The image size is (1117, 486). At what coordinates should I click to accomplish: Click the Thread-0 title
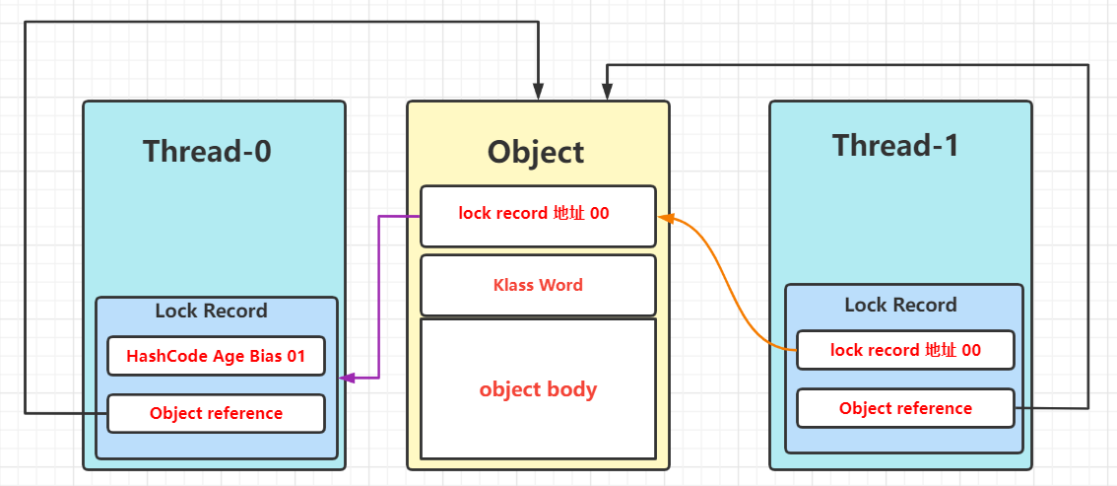tap(207, 151)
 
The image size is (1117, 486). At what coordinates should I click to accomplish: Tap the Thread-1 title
tap(895, 145)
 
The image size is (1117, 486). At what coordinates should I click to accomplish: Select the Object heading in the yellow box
tap(537, 152)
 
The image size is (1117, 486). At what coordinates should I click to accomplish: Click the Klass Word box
tap(538, 285)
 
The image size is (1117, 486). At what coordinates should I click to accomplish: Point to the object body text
tap(538, 389)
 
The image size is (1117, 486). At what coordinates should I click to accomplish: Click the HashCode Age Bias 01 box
tap(216, 356)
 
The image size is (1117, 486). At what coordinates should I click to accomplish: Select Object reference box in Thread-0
tap(216, 413)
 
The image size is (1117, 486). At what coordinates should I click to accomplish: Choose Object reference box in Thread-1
tap(905, 408)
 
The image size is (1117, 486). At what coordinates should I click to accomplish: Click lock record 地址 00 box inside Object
tap(538, 213)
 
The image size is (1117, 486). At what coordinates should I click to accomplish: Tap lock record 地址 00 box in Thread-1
tap(905, 350)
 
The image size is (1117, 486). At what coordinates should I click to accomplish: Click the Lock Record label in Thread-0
tap(211, 312)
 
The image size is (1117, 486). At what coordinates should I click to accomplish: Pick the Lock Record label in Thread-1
tap(900, 305)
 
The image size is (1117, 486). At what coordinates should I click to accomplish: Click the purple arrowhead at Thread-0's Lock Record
tap(345, 378)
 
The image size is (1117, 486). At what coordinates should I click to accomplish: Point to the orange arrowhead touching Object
tap(665, 217)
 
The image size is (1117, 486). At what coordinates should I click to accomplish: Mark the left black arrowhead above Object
tap(538, 93)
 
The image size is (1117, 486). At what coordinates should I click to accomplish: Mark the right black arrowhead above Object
tap(607, 93)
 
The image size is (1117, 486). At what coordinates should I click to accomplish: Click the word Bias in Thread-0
tap(266, 356)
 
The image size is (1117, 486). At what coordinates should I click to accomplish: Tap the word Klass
tap(514, 285)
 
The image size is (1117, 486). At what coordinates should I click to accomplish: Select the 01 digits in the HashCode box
tap(296, 356)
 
